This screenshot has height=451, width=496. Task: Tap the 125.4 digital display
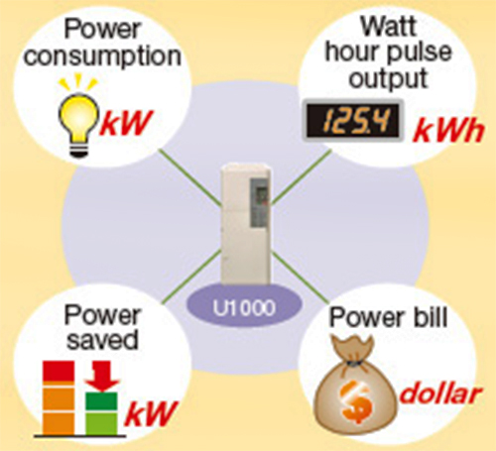pyautogui.click(x=354, y=120)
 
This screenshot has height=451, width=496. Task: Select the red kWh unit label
pyautogui.click(x=449, y=131)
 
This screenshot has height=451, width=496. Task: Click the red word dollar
pyautogui.click(x=440, y=395)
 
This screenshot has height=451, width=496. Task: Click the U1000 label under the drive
pyautogui.click(x=244, y=308)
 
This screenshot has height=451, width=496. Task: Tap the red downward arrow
pyautogui.click(x=102, y=377)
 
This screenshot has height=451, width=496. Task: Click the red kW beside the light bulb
pyautogui.click(x=126, y=123)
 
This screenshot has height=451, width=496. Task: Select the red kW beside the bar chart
pyautogui.click(x=151, y=413)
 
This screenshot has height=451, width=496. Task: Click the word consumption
pyautogui.click(x=102, y=56)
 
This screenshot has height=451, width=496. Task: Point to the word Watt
pyautogui.click(x=389, y=27)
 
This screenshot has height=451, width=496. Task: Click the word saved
pyautogui.click(x=102, y=340)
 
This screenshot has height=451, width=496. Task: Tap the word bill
pyautogui.click(x=431, y=317)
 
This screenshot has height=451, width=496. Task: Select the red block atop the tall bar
pyautogui.click(x=59, y=371)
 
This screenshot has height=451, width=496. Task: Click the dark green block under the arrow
pyautogui.click(x=101, y=401)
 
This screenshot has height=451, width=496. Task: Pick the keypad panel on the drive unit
pyautogui.click(x=260, y=203)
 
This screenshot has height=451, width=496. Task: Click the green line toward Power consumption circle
pyautogui.click(x=189, y=177)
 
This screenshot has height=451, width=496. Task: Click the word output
pyautogui.click(x=389, y=78)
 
